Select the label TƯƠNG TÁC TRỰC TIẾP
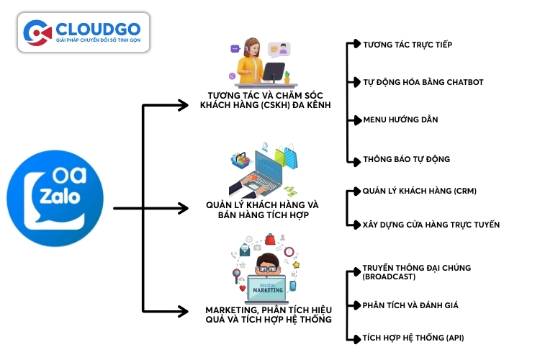[408, 45]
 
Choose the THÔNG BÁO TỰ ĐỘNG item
[407, 158]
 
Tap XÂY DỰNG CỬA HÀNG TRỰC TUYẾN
[431, 225]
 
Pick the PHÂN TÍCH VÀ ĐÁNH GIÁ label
[410, 305]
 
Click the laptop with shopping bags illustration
[265, 170]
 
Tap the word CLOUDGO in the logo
[100, 27]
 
